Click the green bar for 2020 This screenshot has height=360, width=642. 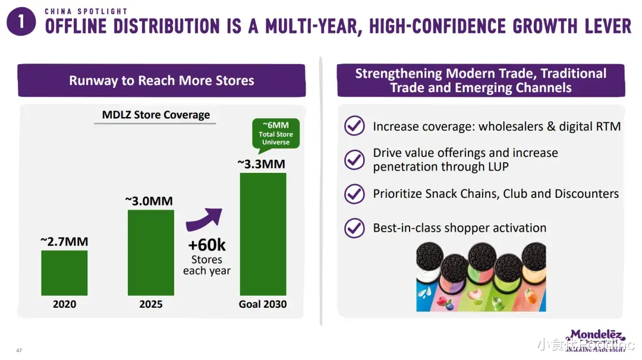pyautogui.click(x=64, y=273)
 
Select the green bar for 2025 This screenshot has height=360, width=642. pyautogui.click(x=151, y=252)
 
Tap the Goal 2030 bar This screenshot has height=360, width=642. pyautogui.click(x=263, y=234)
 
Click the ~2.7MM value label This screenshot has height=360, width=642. pyautogui.click(x=64, y=242)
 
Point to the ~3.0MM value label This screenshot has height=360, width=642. pyautogui.click(x=149, y=201)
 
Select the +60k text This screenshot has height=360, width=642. pyautogui.click(x=207, y=244)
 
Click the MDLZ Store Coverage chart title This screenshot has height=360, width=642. pyautogui.click(x=156, y=115)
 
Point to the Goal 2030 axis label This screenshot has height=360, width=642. pyautogui.click(x=263, y=304)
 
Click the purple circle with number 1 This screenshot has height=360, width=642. pyautogui.click(x=21, y=23)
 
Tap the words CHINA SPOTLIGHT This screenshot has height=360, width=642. pyautogui.click(x=86, y=11)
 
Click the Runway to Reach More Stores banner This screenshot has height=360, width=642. pyautogui.click(x=161, y=81)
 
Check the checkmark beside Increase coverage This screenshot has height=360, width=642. pyautogui.click(x=355, y=126)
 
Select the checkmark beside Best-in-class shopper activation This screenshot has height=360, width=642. pyautogui.click(x=355, y=228)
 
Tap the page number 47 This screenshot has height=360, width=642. pyautogui.click(x=19, y=350)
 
